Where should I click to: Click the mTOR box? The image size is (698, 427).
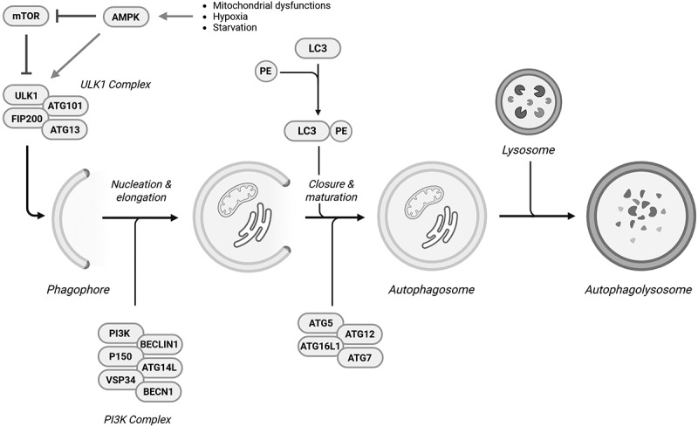coord(25,17)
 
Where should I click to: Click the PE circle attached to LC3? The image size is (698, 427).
coord(342,131)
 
